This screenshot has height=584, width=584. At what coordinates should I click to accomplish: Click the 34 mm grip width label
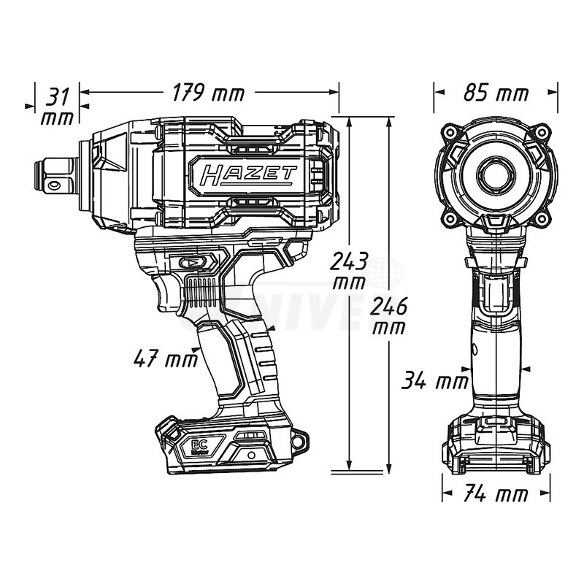(x=436, y=380)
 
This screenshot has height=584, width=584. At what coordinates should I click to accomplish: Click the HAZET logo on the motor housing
(x=245, y=175)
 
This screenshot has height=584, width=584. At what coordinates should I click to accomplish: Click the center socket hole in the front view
(x=496, y=174)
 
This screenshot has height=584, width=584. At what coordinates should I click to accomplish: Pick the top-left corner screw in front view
(x=450, y=132)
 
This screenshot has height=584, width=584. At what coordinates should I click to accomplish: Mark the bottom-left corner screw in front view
(x=450, y=218)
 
